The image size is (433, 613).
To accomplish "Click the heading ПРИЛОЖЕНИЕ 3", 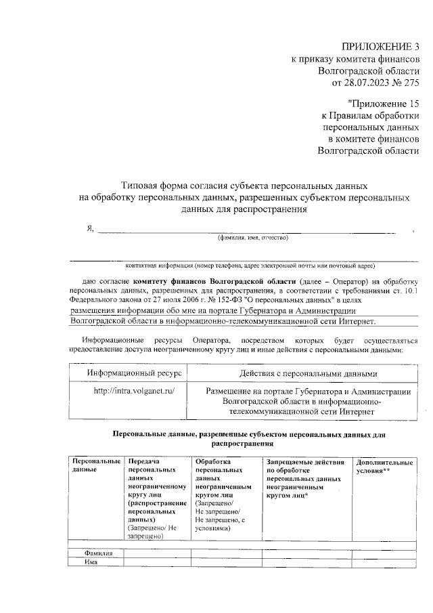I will [381, 47].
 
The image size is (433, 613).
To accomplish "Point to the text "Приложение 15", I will [383, 104].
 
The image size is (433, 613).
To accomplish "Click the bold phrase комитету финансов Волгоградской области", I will [214, 280].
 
